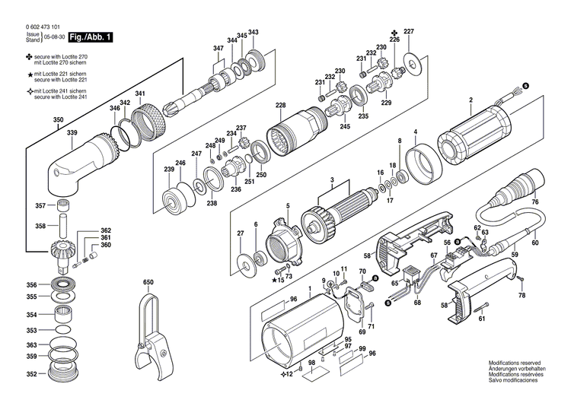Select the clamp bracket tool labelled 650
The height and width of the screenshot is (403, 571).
[151, 335]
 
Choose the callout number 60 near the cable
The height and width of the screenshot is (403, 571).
[534, 243]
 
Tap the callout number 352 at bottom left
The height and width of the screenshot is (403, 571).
[31, 374]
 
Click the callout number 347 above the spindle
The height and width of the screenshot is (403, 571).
[219, 49]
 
